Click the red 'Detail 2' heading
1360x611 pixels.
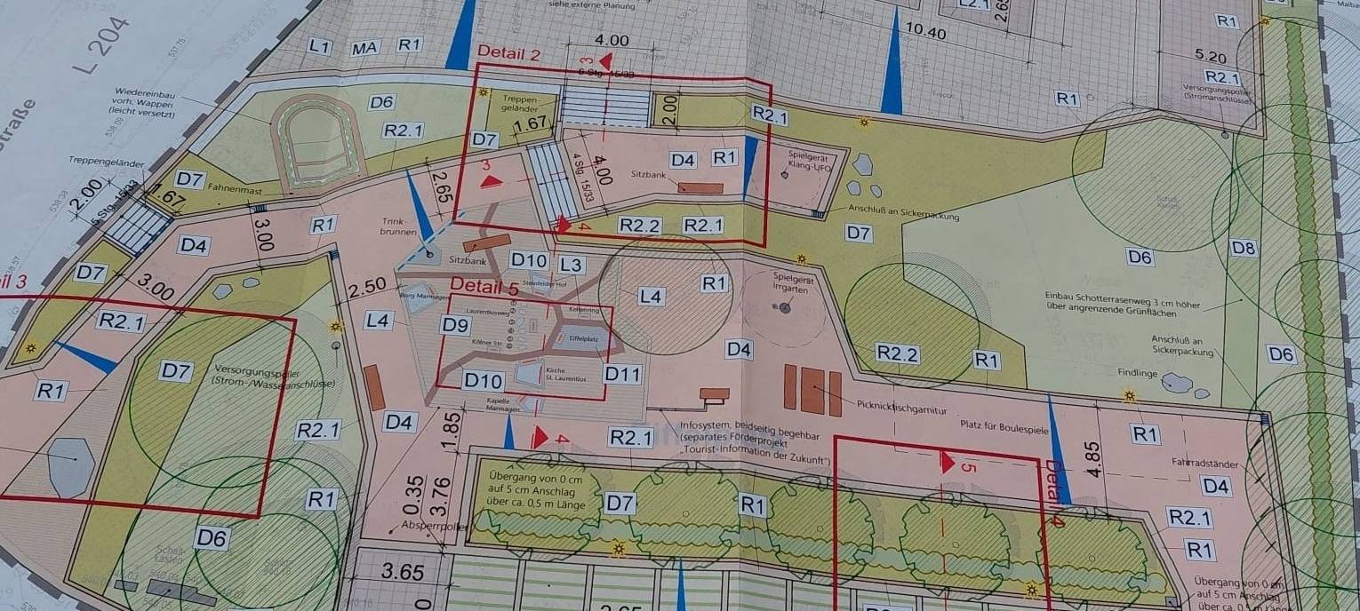tap(509, 52)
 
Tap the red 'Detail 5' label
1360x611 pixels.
tap(484, 286)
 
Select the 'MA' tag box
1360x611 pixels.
tap(364, 48)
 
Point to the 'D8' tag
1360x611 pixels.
tap(1244, 248)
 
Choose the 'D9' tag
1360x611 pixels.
tap(454, 325)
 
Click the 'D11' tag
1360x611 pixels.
tap(622, 374)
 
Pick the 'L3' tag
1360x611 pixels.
tap(571, 265)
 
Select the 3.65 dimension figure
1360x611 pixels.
tap(403, 571)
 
